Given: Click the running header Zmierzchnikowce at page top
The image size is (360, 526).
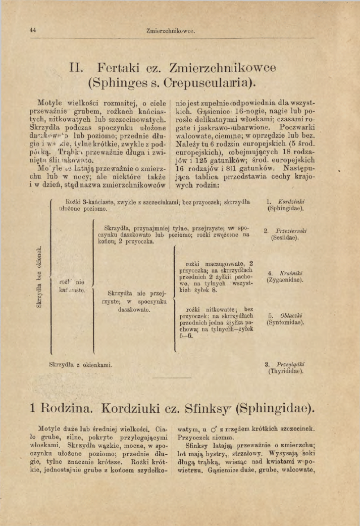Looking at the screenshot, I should (x=170, y=31).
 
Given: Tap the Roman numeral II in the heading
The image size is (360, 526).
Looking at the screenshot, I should (x=80, y=67).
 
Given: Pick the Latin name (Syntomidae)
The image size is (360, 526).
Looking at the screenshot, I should (x=285, y=322).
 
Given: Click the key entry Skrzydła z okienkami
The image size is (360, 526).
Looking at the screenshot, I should (x=80, y=364).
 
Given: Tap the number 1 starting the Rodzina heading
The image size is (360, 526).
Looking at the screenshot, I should (x=33, y=407).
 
